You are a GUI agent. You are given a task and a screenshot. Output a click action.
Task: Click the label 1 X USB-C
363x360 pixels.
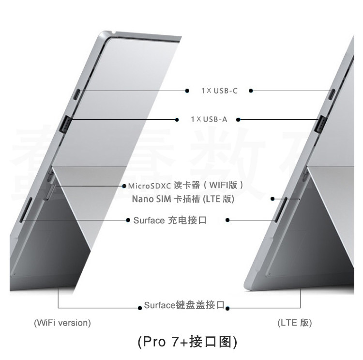coord(220,91)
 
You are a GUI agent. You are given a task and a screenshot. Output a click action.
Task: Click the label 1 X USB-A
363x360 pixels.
coord(208,119)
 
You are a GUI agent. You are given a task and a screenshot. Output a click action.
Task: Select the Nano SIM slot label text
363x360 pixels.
coord(183,199)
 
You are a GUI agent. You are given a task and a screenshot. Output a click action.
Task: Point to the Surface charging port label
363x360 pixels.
coord(170,220)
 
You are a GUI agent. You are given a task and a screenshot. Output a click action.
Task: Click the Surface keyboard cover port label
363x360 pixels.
coord(184,306)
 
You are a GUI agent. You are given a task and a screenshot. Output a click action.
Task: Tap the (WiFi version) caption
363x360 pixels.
coord(62,322)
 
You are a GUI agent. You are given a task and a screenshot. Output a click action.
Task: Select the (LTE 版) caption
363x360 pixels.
coord(294,322)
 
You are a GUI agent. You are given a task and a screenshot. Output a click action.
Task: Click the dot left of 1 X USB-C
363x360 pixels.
coord(188,91)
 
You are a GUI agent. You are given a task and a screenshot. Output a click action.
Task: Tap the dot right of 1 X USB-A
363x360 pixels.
coord(238,119)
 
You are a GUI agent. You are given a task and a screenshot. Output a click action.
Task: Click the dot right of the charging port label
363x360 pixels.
coord(227,220)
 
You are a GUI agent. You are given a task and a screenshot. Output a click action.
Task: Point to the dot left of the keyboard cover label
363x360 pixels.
coord(140,307)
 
